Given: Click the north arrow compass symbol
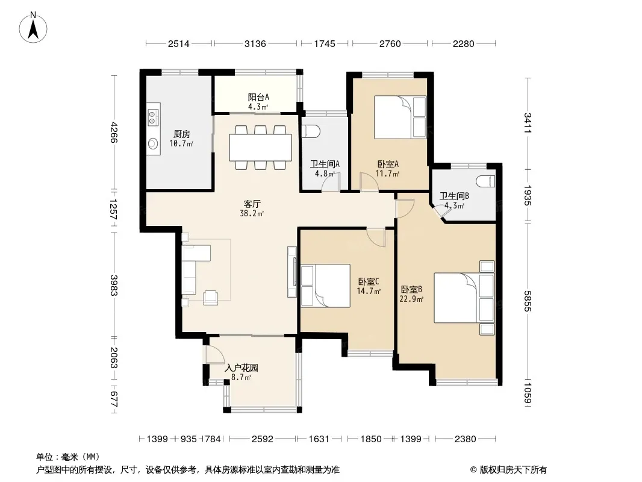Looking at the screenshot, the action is coord(33,28).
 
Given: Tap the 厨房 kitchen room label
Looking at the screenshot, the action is coord(181,134).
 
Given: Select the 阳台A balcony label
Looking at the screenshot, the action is coord(258,98).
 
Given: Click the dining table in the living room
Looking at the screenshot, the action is coord(260,148).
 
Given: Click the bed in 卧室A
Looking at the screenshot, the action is coord(400,117).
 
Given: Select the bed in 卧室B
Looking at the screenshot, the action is coord(464,298).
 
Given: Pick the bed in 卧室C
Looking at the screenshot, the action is coord(325,286).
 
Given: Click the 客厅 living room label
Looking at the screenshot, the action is coord(252,204).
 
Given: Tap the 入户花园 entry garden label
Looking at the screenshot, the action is coord(241,368).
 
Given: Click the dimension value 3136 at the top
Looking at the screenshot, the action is coord(255,43).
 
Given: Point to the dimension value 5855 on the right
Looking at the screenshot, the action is coord(528,301).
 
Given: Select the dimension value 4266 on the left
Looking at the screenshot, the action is coord(114,133).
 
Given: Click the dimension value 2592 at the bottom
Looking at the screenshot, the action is coord(263,439).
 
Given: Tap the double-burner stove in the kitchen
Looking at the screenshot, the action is coord(153,117).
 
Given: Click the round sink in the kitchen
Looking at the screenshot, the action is coord(153,143).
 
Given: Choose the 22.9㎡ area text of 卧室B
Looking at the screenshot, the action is coord(411,299).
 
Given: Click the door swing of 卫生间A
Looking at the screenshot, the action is coord(331,184).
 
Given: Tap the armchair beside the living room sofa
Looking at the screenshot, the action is coord(210,297).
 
